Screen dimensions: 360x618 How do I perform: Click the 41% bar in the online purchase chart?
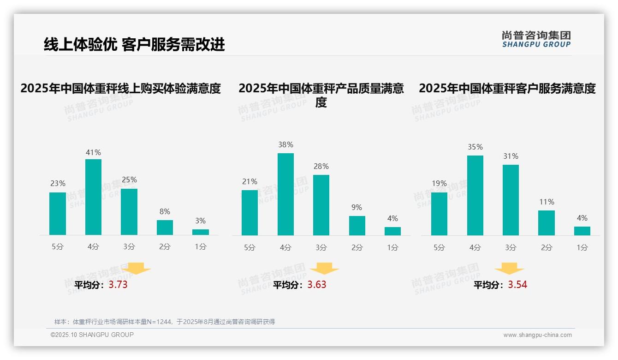(x=93, y=197)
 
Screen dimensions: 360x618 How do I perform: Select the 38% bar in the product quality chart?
(x=285, y=194)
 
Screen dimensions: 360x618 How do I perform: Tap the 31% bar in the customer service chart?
(x=511, y=200)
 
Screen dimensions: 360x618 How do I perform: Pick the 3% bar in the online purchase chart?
(x=201, y=232)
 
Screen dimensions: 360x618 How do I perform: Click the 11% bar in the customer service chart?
(x=546, y=223)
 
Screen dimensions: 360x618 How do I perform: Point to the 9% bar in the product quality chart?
(x=357, y=226)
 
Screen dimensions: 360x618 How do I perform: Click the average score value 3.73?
(x=118, y=285)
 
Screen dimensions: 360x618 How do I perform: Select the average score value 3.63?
(x=317, y=285)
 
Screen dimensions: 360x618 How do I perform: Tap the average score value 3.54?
(x=517, y=285)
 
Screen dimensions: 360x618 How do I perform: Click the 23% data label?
(x=58, y=184)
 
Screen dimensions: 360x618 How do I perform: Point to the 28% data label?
(x=321, y=166)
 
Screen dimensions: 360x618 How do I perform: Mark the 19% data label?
(x=439, y=184)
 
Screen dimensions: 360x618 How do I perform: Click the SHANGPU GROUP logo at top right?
(x=536, y=39)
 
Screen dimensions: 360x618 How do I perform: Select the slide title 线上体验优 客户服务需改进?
(x=134, y=44)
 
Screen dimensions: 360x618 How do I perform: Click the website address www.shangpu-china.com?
(x=537, y=335)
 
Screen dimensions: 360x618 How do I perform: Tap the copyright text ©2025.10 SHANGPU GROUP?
(x=92, y=335)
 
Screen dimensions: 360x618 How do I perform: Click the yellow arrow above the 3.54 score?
(x=509, y=269)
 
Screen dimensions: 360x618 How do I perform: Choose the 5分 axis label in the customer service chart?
(x=439, y=248)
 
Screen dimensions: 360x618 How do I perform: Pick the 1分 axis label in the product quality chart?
(x=392, y=248)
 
